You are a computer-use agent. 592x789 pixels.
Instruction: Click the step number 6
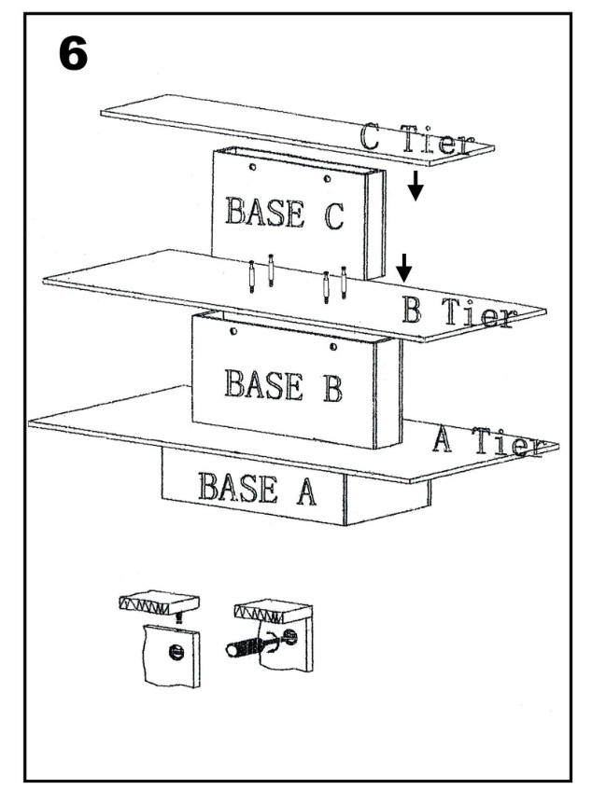73,55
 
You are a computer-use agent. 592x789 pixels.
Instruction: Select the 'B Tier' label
456,311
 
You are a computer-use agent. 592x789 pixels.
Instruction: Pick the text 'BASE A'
257,488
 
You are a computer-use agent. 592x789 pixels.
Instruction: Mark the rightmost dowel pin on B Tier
344,281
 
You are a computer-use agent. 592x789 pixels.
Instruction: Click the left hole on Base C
253,168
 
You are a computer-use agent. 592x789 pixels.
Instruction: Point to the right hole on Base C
326,177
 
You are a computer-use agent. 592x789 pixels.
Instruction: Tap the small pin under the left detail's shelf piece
180,616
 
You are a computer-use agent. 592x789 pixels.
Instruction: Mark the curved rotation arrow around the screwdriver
270,644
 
